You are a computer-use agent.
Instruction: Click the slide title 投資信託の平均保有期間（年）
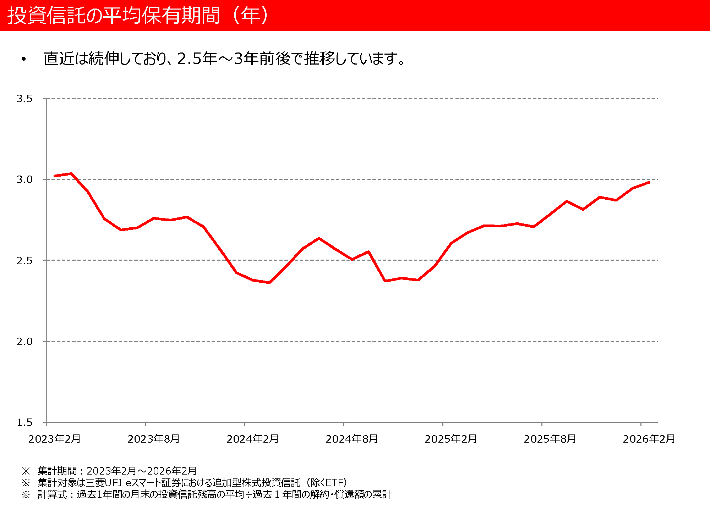point(138,16)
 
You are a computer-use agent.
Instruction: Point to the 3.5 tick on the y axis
point(24,99)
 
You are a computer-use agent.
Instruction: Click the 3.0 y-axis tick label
point(24,179)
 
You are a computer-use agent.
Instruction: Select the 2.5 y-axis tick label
point(24,261)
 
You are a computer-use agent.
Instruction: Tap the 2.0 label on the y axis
point(24,342)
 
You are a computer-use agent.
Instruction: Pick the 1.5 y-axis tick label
point(24,422)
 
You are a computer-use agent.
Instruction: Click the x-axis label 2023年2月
point(55,439)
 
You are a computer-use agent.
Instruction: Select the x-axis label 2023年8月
point(154,439)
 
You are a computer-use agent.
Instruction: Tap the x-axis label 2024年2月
point(253,439)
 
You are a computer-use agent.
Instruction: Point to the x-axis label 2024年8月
point(352,439)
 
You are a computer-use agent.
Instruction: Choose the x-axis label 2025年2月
point(451,439)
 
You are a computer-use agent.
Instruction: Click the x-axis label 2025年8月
point(550,439)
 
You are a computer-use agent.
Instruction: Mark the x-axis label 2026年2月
point(649,439)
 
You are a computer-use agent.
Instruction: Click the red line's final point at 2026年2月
point(649,182)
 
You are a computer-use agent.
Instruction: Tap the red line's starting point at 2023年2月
point(55,176)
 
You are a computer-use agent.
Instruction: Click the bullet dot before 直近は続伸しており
point(24,59)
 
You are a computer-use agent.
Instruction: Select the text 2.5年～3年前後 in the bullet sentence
point(234,59)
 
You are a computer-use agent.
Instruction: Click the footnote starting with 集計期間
point(117,471)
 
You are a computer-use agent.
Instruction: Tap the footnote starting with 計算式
point(214,494)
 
